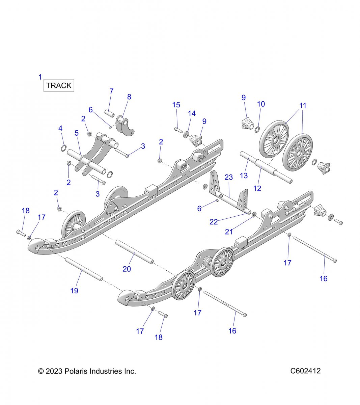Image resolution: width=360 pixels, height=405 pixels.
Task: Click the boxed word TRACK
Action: [x=59, y=86]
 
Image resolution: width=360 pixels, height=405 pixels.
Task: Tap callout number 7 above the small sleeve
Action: [x=111, y=91]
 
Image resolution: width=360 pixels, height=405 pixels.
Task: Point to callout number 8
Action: [x=129, y=97]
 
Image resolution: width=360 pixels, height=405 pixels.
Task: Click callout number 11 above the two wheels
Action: [x=303, y=106]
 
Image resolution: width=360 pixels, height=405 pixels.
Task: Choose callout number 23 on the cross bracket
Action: [x=229, y=177]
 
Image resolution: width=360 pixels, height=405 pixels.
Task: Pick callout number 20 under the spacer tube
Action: [x=127, y=269]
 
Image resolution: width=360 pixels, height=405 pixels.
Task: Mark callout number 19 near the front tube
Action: [x=74, y=291]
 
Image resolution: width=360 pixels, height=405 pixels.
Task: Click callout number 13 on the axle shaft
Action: [x=244, y=175]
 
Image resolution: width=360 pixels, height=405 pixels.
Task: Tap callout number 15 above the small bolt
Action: [x=176, y=105]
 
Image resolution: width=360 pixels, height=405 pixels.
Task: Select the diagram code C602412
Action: [x=305, y=371]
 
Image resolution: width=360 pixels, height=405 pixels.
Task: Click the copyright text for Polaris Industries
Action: [x=87, y=372]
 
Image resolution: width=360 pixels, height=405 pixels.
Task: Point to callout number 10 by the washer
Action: [x=261, y=104]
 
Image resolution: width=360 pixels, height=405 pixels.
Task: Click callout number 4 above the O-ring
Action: [x=60, y=128]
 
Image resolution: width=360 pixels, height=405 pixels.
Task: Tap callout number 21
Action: [x=229, y=232]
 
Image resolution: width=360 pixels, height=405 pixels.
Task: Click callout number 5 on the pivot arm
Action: [x=77, y=133]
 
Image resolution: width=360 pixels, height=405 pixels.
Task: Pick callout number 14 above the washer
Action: [x=192, y=113]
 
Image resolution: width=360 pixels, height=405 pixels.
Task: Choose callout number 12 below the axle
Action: [x=257, y=188]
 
